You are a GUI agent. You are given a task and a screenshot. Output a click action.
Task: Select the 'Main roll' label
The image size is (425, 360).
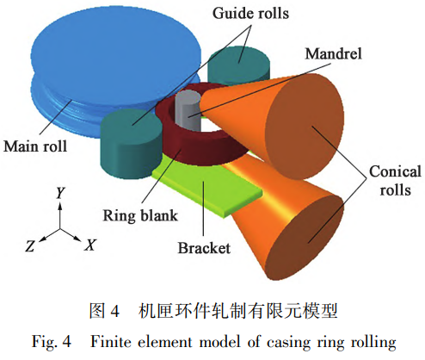tap(36, 146)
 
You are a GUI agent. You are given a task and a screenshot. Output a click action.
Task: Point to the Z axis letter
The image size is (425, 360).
tap(30, 246)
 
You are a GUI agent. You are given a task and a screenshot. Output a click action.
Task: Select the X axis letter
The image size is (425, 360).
tap(89, 245)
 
